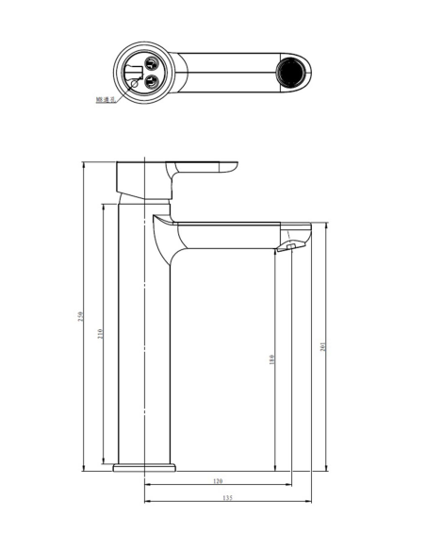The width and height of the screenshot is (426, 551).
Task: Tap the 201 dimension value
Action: pyautogui.click(x=323, y=346)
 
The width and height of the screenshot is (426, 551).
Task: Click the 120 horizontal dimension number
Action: pyautogui.click(x=217, y=481)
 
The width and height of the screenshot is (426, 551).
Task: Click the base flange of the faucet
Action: pyautogui.click(x=144, y=467)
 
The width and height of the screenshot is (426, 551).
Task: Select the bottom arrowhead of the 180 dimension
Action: pyautogui.click(x=274, y=468)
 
